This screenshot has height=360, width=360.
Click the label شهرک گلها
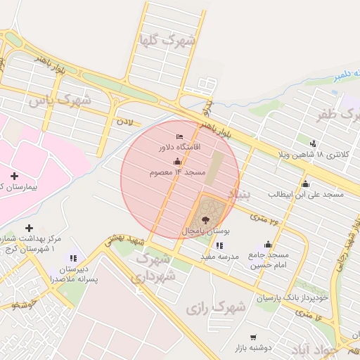[167, 40]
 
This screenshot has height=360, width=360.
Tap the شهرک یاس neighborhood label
[60, 101]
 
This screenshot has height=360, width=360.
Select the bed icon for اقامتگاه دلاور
[179, 136]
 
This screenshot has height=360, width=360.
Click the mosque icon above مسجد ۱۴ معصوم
[176, 161]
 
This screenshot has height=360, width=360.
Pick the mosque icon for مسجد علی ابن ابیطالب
[304, 184]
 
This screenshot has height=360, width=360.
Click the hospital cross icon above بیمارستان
[15, 175]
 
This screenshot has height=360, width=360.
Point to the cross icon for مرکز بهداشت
[29, 228]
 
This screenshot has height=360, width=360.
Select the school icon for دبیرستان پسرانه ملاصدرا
[73, 258]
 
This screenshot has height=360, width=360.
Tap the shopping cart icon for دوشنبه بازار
[252, 337]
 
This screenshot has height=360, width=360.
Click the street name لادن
[124, 122]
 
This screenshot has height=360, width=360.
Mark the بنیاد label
[238, 193]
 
